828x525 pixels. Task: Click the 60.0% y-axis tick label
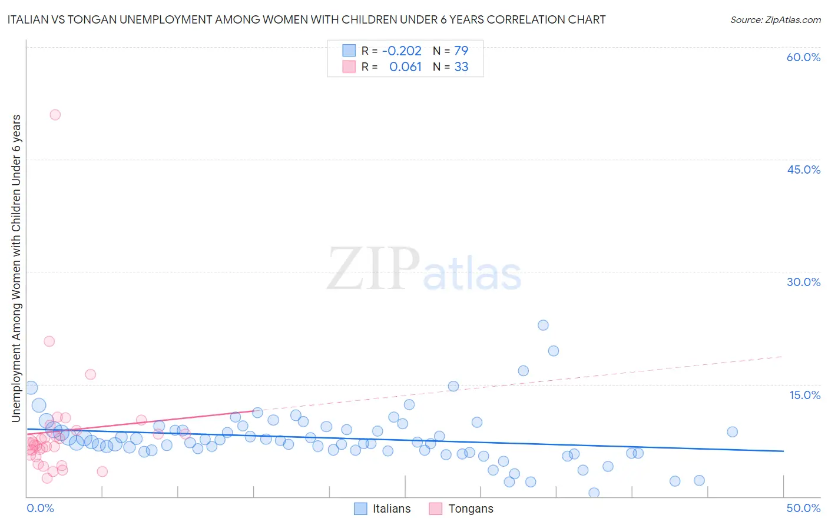pyautogui.click(x=803, y=57)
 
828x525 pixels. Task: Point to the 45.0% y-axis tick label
pyautogui.click(x=803, y=170)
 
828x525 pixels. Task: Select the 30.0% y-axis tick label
pyautogui.click(x=803, y=282)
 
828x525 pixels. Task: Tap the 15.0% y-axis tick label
pyautogui.click(x=804, y=395)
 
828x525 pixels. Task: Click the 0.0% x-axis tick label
pyautogui.click(x=40, y=508)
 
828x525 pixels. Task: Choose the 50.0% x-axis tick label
pyautogui.click(x=803, y=508)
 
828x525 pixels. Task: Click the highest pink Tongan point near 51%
pyautogui.click(x=55, y=115)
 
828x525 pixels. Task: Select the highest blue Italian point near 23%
pyautogui.click(x=543, y=325)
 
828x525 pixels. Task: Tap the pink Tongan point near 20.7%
pyautogui.click(x=49, y=341)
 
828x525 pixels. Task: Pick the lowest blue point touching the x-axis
pyautogui.click(x=594, y=493)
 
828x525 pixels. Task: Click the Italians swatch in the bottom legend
pyautogui.click(x=360, y=509)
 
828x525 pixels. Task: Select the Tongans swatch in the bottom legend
pyautogui.click(x=436, y=509)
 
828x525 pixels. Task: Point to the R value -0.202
pyautogui.click(x=402, y=51)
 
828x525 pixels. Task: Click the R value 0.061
pyautogui.click(x=405, y=67)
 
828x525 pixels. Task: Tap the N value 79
pyautogui.click(x=461, y=51)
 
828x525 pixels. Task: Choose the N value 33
pyautogui.click(x=461, y=67)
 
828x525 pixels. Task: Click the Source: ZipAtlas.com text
pyautogui.click(x=775, y=20)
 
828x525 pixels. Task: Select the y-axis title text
pyautogui.click(x=16, y=268)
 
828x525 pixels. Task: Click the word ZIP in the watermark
pyautogui.click(x=373, y=270)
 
